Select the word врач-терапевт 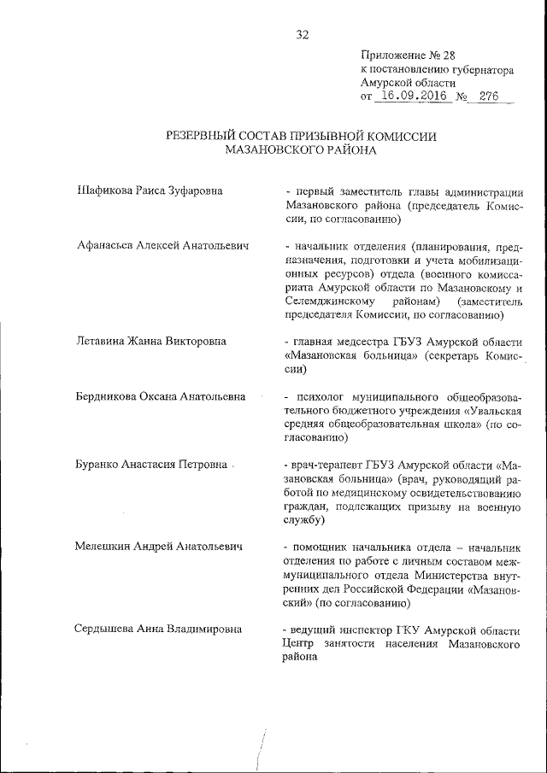[x=324, y=466]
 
